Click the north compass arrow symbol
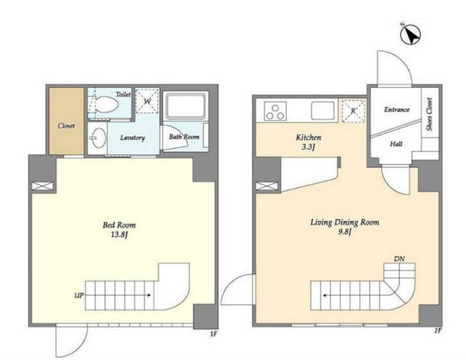point(411,34)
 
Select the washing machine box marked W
point(147,101)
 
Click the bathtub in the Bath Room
point(185,106)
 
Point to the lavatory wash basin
point(98,137)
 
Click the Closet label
point(66,126)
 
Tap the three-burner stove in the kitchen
point(275,111)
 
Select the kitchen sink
point(323,111)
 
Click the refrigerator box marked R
point(354,111)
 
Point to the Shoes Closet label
point(429,114)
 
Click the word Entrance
point(397,110)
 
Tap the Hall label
point(396,144)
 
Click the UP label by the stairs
point(79,295)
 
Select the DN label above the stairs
point(400,259)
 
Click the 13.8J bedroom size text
point(119,235)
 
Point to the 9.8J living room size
point(344,232)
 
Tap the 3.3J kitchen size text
point(308,147)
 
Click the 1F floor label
point(214,334)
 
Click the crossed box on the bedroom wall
point(43,186)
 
